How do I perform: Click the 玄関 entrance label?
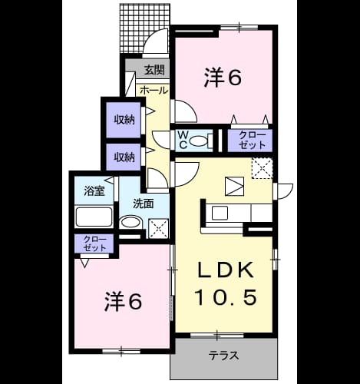click(x=154, y=69)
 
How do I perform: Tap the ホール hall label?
click(x=154, y=90)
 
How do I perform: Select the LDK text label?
click(x=226, y=270)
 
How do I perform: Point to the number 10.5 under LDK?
click(x=226, y=296)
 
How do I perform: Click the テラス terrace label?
click(x=223, y=356)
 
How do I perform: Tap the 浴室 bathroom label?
click(x=94, y=190)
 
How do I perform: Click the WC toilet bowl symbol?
click(x=199, y=141)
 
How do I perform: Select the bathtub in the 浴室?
click(x=94, y=217)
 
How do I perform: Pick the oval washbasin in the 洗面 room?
click(x=130, y=222)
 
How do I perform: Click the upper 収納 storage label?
click(x=124, y=120)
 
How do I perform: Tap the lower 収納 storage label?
click(x=124, y=157)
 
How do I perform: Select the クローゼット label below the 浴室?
click(x=94, y=243)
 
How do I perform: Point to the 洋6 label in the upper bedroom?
click(x=223, y=78)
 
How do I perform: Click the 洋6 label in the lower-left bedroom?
click(x=123, y=302)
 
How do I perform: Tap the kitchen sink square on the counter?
click(x=220, y=213)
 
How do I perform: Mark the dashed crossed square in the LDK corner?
click(x=263, y=168)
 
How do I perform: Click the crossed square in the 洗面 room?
click(x=159, y=229)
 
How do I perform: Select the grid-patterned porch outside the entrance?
click(x=144, y=28)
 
